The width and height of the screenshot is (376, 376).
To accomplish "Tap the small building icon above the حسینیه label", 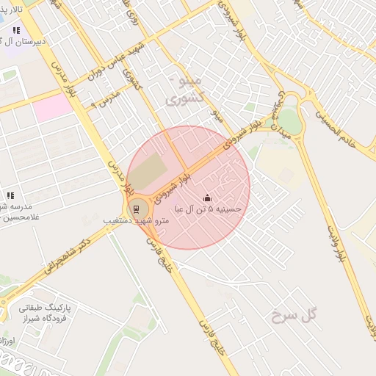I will [207, 198].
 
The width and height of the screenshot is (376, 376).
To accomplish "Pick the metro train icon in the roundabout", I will [137, 208].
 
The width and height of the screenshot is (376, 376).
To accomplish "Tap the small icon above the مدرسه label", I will [10, 195].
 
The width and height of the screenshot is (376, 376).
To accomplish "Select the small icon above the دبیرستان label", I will [16, 30].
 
